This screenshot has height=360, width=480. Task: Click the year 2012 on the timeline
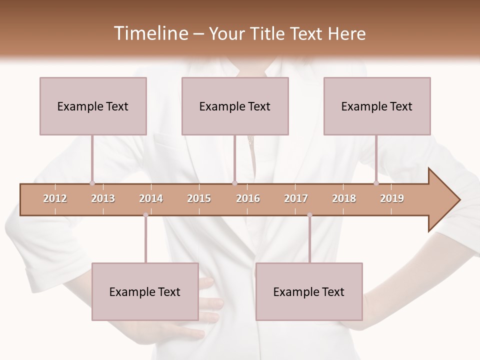(x=55, y=198)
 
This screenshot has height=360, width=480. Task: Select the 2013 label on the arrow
(x=103, y=198)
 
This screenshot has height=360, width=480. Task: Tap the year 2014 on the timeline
(x=151, y=198)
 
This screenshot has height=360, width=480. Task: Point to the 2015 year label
(x=199, y=198)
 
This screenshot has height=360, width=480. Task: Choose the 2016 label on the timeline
(x=248, y=198)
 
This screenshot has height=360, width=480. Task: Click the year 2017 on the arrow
(x=296, y=198)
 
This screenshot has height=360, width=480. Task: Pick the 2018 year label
(x=344, y=198)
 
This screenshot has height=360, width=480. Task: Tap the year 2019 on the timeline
(x=392, y=198)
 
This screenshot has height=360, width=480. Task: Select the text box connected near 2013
(x=93, y=106)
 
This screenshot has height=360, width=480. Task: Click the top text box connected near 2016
(x=235, y=106)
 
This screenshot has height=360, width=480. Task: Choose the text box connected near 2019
(x=377, y=106)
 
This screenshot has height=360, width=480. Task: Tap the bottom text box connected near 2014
(x=145, y=291)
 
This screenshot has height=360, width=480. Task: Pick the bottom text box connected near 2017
(x=309, y=291)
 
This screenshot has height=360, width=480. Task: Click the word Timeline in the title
(x=150, y=33)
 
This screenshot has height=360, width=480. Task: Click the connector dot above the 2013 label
(x=92, y=183)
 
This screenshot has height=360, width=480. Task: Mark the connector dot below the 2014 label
(x=145, y=215)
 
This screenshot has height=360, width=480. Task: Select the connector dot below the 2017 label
(x=309, y=215)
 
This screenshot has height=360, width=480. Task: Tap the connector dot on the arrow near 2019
(x=376, y=183)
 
